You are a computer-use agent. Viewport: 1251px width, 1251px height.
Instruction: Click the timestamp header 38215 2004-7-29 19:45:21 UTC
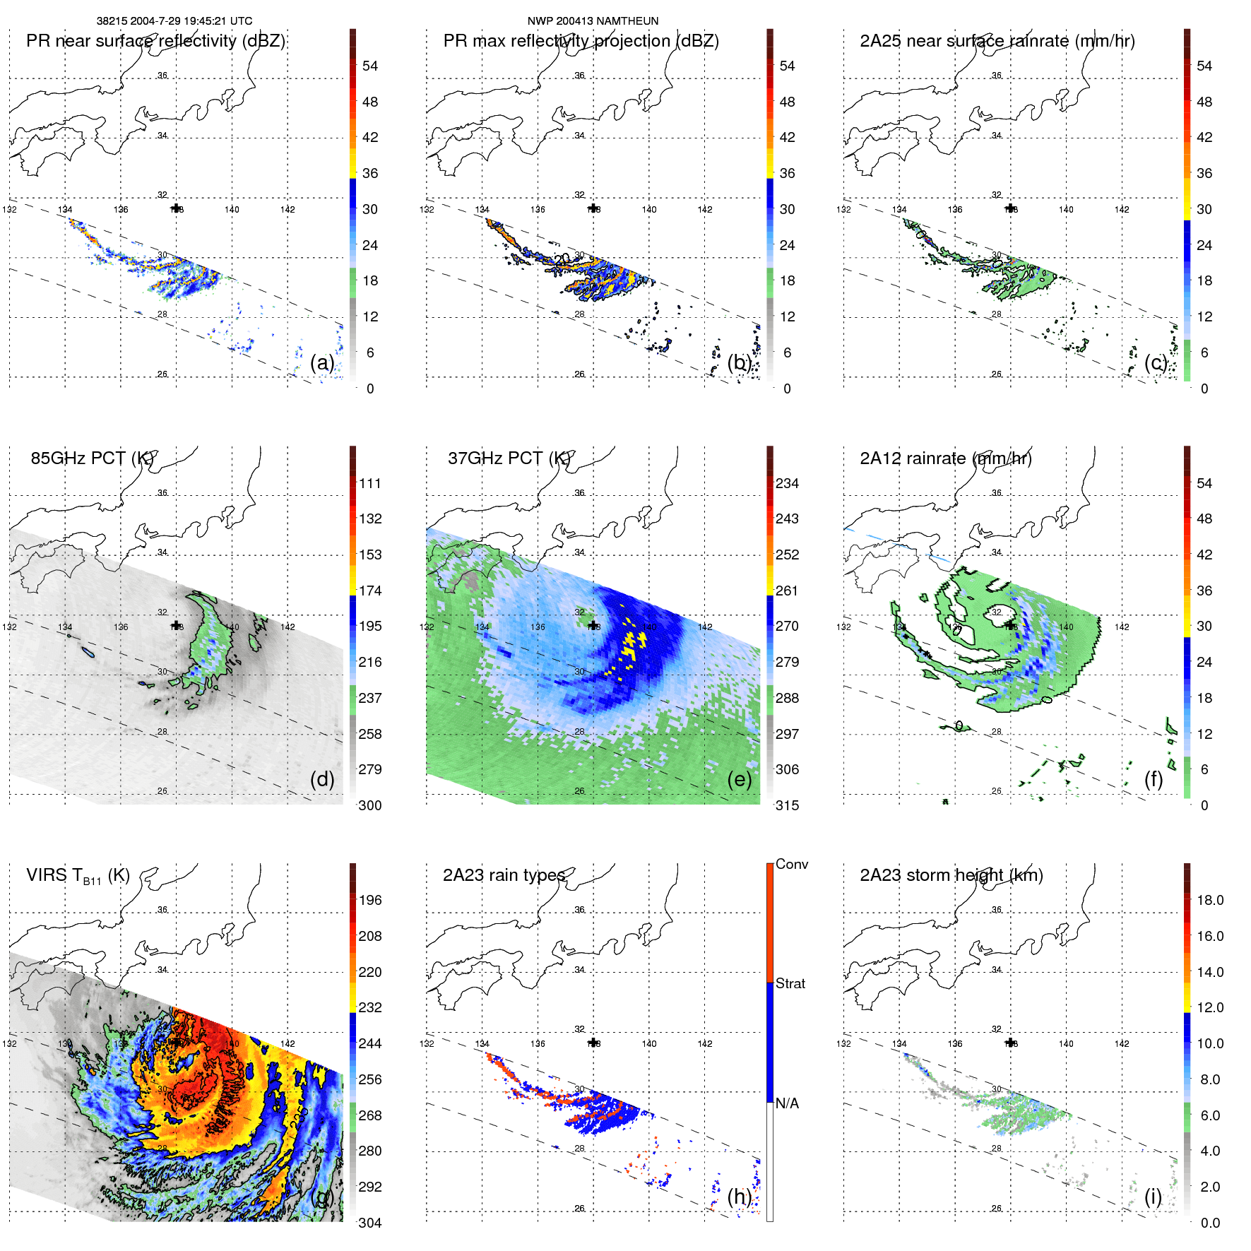(x=174, y=21)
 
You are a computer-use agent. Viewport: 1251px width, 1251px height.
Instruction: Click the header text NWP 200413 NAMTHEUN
(x=593, y=21)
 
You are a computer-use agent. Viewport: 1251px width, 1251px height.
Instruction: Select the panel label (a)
(x=322, y=362)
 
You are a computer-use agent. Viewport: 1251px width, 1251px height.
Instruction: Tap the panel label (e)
(x=739, y=779)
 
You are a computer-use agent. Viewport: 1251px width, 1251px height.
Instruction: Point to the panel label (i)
(x=1153, y=1197)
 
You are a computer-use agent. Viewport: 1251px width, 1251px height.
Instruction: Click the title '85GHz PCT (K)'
(x=92, y=458)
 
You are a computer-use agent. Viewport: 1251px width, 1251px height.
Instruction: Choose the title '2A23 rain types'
(x=504, y=875)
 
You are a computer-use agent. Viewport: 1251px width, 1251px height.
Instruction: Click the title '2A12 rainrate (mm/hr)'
(x=945, y=458)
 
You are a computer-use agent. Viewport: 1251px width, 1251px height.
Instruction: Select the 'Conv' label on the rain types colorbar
(x=792, y=864)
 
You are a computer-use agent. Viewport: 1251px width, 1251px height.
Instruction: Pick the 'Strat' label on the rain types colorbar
(x=790, y=983)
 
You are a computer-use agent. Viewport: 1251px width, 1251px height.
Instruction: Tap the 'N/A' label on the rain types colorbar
(x=787, y=1103)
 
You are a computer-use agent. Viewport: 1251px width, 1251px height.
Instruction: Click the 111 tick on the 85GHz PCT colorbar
(x=370, y=483)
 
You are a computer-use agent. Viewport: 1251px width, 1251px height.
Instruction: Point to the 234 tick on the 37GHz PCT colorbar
(x=787, y=483)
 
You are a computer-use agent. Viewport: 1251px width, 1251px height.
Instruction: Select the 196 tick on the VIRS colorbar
(x=370, y=900)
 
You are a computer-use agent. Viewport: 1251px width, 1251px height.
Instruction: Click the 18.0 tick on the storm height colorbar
(x=1210, y=900)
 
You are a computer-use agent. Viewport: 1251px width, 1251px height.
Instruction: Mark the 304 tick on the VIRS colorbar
(x=370, y=1223)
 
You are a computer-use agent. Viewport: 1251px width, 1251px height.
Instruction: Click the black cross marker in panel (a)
(x=176, y=208)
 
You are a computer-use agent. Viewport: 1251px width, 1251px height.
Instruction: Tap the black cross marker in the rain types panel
(x=593, y=1043)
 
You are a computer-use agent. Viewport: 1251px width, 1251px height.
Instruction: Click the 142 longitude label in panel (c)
(x=1122, y=209)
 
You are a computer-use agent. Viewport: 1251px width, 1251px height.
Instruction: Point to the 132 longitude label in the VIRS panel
(x=9, y=1043)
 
